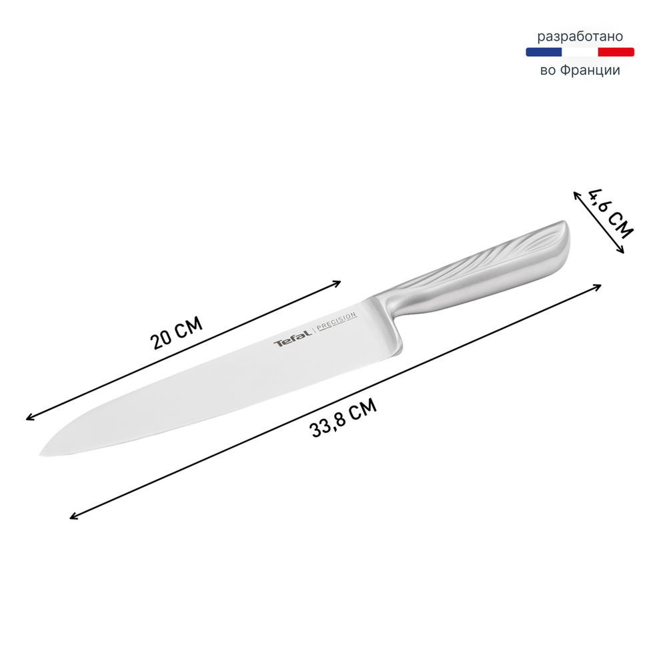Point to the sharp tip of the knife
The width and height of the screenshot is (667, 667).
(42, 455)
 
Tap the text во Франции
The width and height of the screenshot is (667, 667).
(580, 69)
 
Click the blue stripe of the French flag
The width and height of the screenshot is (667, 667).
(544, 52)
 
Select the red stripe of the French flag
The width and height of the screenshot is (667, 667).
(616, 52)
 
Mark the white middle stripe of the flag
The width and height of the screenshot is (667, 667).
(580, 52)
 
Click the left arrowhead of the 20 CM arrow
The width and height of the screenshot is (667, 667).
(28, 419)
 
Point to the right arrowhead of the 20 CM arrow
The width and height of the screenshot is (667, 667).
(339, 281)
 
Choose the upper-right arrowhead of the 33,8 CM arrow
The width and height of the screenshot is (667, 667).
(599, 286)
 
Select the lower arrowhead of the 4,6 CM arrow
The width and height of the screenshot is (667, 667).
(622, 251)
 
